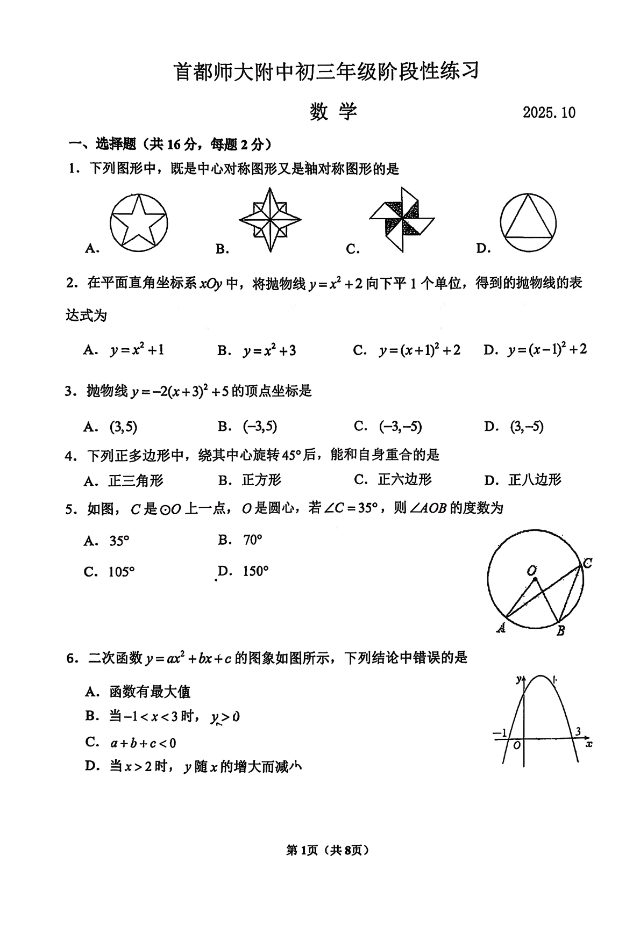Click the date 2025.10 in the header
(x=549, y=112)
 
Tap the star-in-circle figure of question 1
(x=139, y=223)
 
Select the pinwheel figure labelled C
(x=402, y=219)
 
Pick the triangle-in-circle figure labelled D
(x=528, y=223)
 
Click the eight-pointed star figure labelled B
(x=270, y=220)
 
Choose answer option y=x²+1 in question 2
(x=137, y=351)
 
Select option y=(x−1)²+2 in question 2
(x=547, y=350)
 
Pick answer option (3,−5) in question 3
(x=527, y=427)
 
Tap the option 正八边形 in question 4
(x=535, y=480)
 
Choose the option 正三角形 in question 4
(x=136, y=480)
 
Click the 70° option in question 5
(x=252, y=540)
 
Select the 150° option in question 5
(x=255, y=571)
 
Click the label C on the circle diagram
(x=587, y=563)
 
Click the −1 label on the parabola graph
(x=500, y=733)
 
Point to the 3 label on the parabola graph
(x=578, y=731)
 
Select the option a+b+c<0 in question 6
(x=143, y=743)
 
